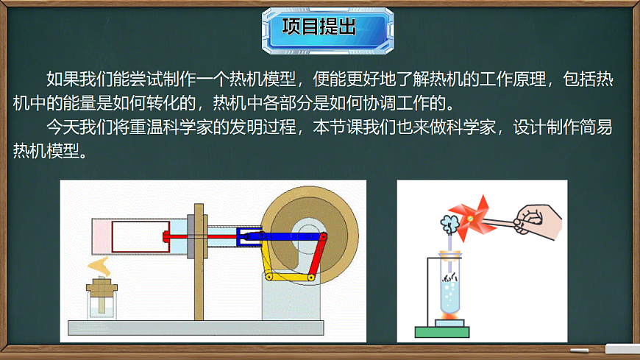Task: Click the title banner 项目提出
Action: pos(319,28)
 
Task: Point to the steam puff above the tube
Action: pos(448,220)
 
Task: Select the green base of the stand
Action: pos(442,331)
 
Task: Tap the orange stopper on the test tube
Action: pos(449,255)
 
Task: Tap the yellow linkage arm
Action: pos(290,277)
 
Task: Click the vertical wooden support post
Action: pos(198,265)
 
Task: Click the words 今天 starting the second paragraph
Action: pos(58,127)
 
